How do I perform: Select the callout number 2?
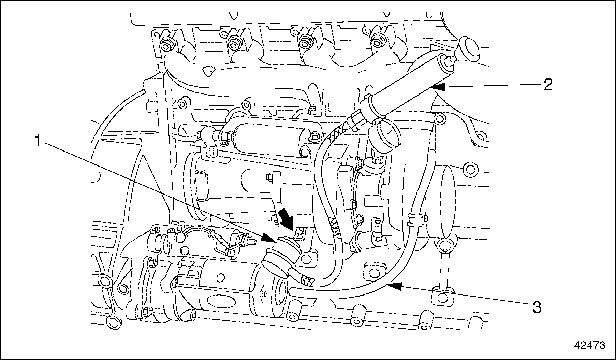[x=548, y=84]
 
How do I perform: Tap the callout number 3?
[x=537, y=307]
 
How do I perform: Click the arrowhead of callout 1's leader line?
[x=269, y=239]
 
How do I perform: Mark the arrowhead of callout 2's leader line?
[x=435, y=87]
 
